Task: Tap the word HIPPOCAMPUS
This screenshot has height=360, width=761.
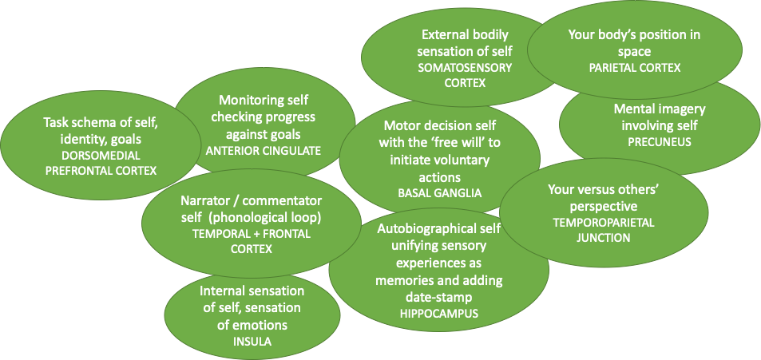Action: tap(438, 314)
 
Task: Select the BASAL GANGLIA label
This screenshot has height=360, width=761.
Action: tap(430, 192)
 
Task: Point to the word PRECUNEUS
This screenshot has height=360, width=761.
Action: tap(659, 142)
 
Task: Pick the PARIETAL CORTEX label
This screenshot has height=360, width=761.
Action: tap(635, 68)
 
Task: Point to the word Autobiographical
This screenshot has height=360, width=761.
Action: tap(422, 230)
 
